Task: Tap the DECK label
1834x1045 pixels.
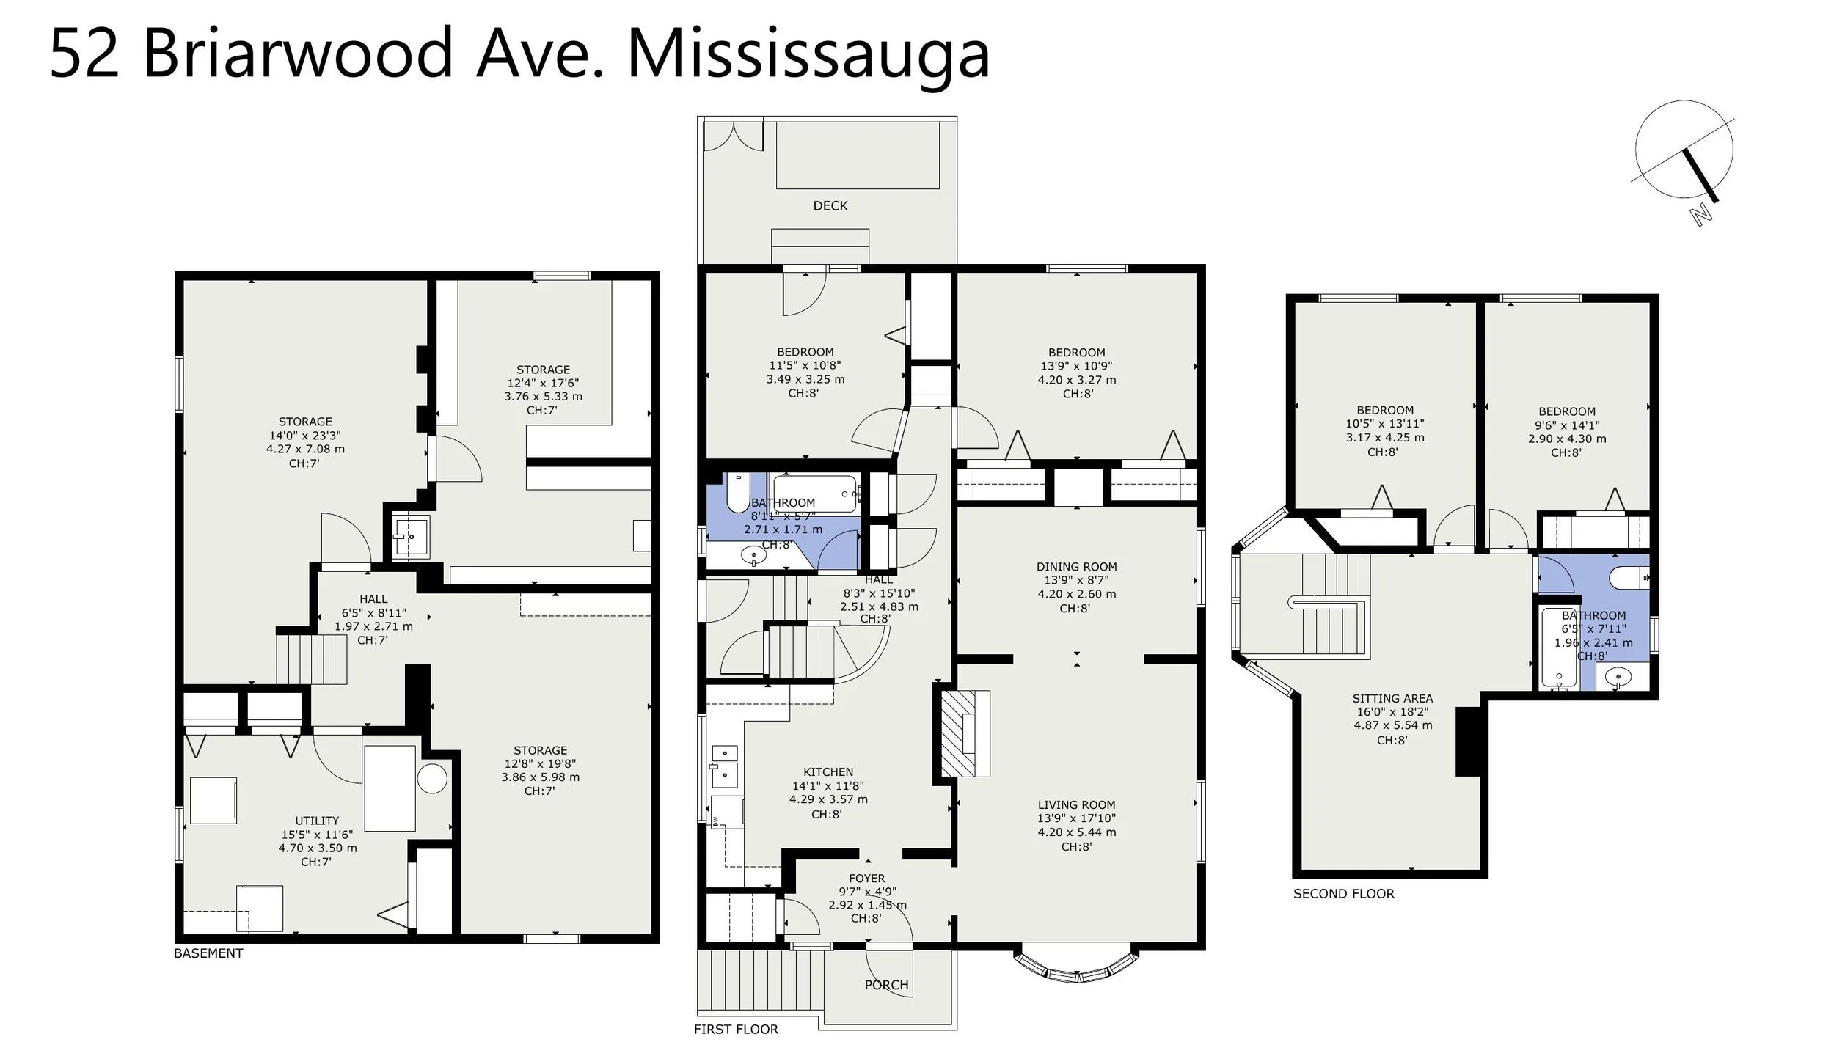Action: point(830,206)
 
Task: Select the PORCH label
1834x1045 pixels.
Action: point(886,985)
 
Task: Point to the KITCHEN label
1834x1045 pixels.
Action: point(828,771)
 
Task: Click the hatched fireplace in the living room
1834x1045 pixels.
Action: point(965,733)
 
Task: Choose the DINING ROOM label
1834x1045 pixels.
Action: point(1076,566)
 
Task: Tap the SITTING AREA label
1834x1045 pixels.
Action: point(1392,698)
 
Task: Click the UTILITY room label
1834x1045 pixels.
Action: point(317,821)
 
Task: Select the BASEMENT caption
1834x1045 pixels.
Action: point(208,953)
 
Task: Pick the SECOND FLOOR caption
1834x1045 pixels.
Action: point(1343,894)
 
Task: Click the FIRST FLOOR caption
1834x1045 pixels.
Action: point(736,1030)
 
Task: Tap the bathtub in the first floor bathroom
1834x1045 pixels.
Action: point(814,493)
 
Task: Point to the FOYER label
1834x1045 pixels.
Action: point(867,878)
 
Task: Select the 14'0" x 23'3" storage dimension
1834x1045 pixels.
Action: point(305,435)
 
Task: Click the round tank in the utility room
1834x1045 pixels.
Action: point(433,779)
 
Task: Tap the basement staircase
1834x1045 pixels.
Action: point(311,659)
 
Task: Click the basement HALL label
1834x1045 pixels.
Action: point(373,599)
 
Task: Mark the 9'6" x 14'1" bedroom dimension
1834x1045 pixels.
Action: point(1566,425)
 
